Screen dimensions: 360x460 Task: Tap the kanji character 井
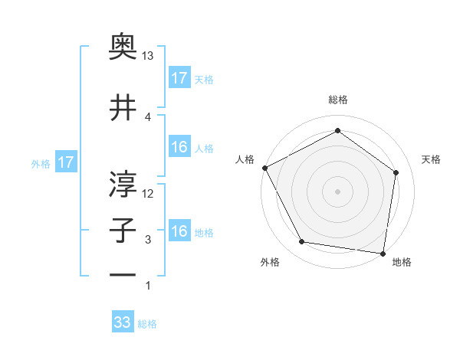pos(123,106)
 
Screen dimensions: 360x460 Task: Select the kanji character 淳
pos(123,183)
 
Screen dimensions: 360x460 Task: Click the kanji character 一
pos(123,275)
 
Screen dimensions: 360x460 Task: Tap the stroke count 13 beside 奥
pos(148,57)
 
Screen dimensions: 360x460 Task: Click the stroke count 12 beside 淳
pos(148,194)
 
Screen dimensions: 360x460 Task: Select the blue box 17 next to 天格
pos(179,78)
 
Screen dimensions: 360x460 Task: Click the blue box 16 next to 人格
pos(179,147)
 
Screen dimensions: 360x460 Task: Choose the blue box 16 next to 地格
pos(179,231)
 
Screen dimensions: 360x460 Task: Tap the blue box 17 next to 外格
pos(65,162)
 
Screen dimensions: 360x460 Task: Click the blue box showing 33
pos(123,322)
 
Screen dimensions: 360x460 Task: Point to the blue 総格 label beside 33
pos(147,324)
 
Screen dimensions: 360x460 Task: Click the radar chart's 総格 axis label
pos(337,100)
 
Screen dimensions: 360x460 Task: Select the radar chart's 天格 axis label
pos(432,159)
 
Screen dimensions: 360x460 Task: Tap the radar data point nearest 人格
pos(264,168)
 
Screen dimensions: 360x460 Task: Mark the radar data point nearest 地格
pos(383,253)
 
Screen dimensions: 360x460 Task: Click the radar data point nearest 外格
pos(302,242)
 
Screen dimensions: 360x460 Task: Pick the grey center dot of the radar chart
pos(337,191)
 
